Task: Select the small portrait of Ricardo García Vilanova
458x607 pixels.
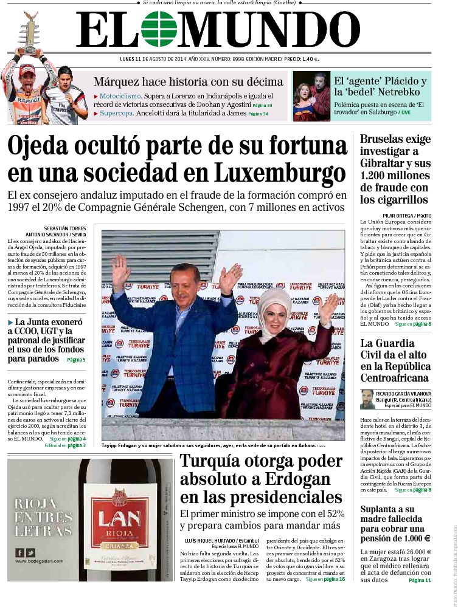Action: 366,399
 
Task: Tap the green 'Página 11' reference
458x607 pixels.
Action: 420,580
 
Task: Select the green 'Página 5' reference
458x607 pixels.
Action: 76,360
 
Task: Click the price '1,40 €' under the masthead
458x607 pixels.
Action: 310,59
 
